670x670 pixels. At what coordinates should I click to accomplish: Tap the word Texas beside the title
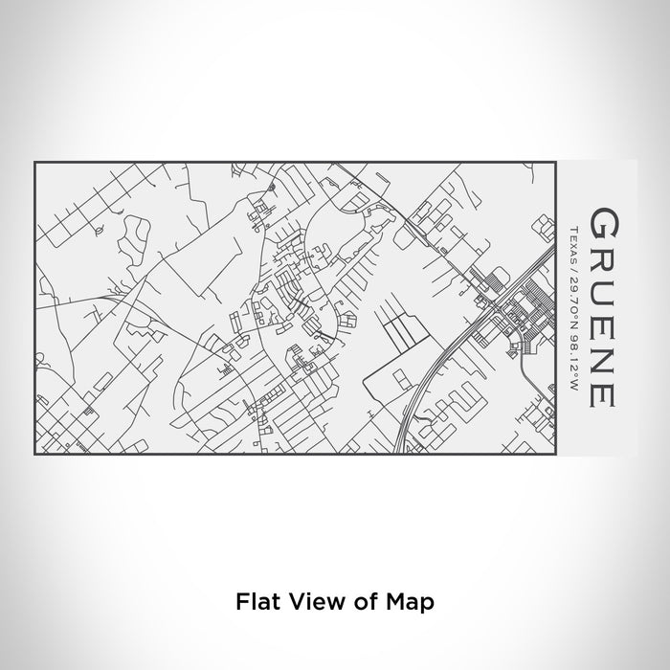coord(571,238)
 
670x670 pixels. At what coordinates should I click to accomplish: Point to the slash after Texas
coord(571,260)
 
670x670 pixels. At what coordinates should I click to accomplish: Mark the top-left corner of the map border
coord(35,163)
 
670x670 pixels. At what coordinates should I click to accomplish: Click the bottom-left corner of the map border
coord(35,455)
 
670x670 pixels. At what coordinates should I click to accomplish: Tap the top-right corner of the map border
coord(556,163)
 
